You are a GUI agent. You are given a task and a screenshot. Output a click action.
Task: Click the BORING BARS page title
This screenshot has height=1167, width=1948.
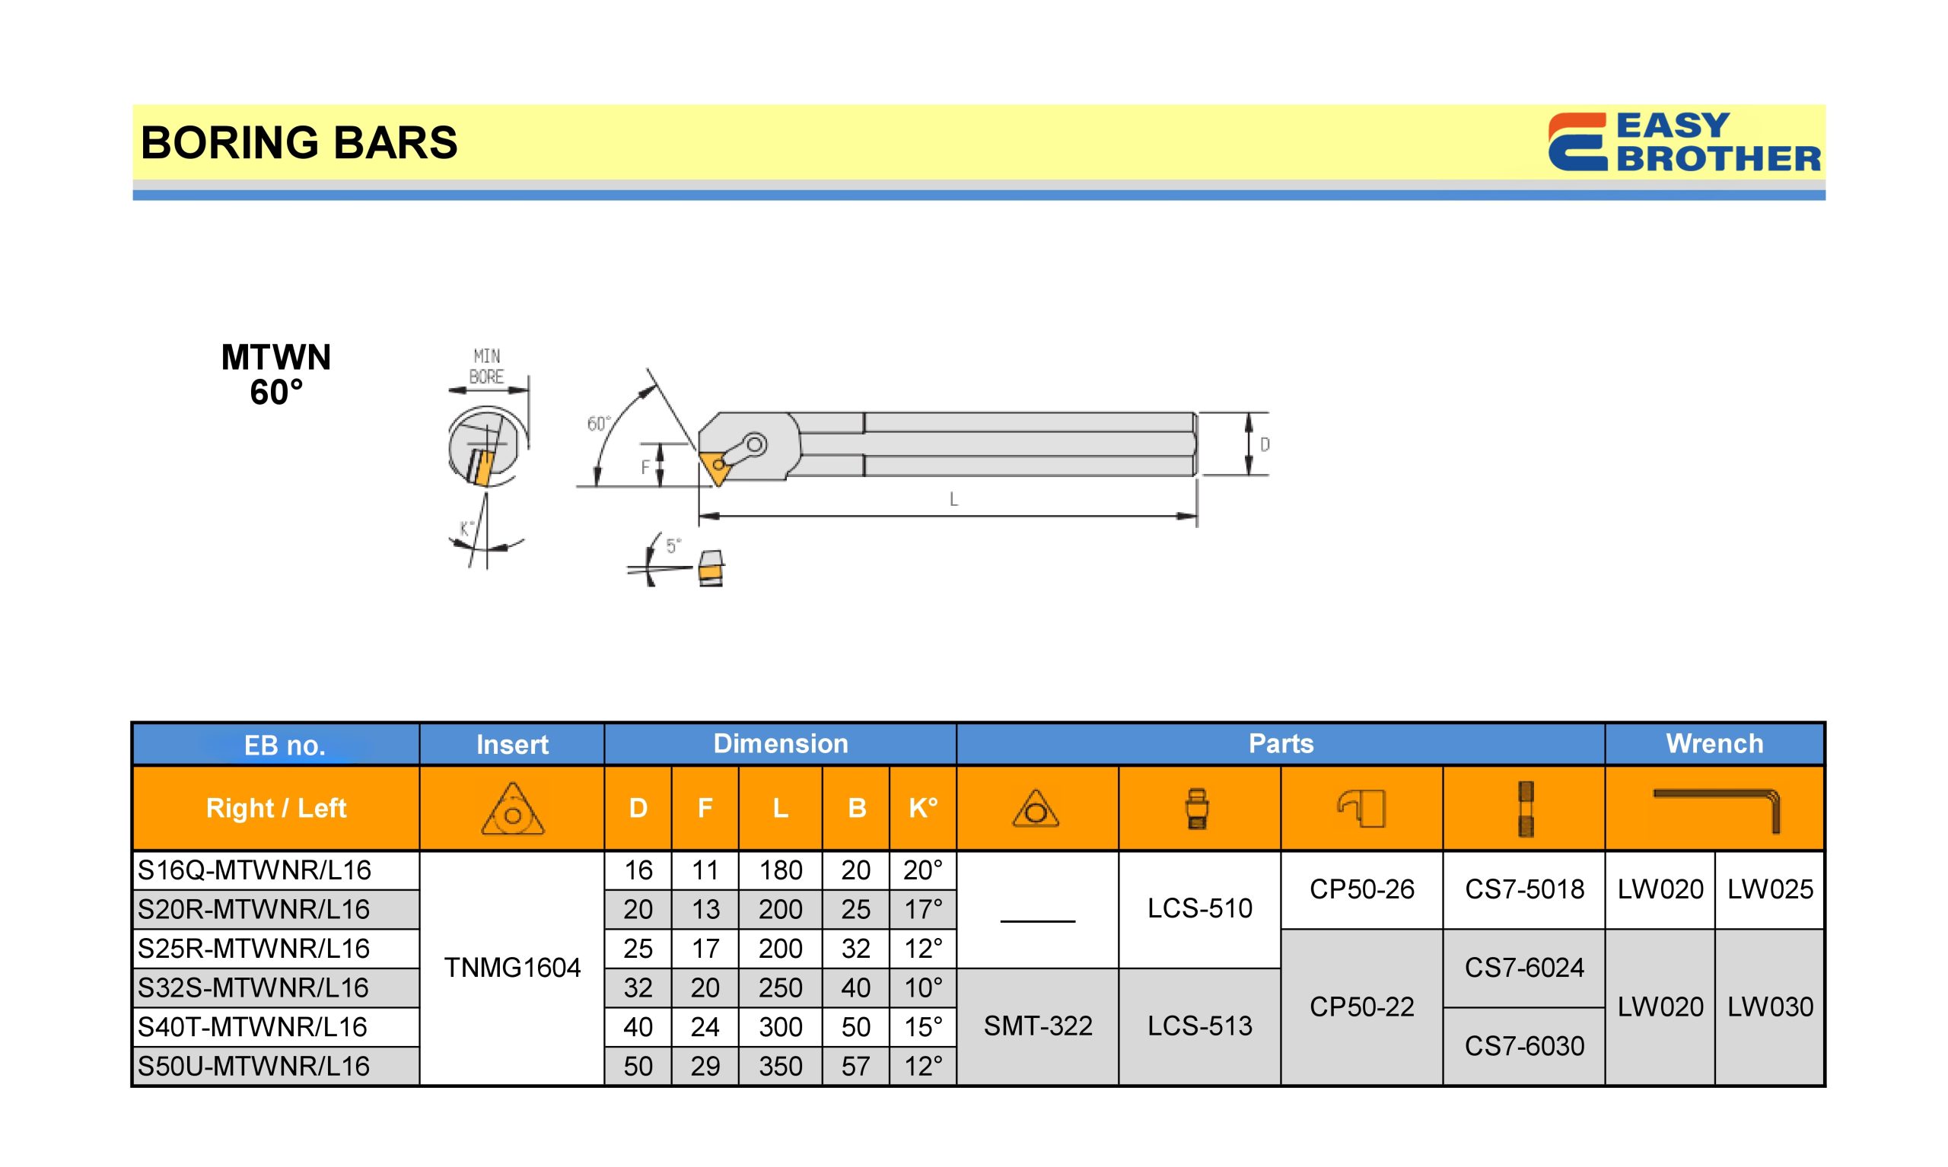point(299,142)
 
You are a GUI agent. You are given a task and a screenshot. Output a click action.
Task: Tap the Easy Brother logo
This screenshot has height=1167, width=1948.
point(1684,142)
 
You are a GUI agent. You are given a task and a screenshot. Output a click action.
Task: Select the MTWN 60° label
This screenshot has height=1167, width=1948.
point(276,374)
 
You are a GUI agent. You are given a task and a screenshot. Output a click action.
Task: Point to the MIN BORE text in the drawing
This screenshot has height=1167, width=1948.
point(487,367)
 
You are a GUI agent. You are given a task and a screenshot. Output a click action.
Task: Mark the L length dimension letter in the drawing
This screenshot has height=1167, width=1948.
point(953,499)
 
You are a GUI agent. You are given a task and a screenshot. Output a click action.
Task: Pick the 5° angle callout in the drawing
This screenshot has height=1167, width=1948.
point(673,545)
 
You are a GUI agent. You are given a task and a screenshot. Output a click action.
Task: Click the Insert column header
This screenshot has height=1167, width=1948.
point(512,744)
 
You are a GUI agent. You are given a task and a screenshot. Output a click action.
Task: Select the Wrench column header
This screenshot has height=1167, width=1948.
point(1714,743)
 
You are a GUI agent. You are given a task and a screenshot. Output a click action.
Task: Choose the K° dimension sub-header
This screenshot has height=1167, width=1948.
point(922,808)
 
